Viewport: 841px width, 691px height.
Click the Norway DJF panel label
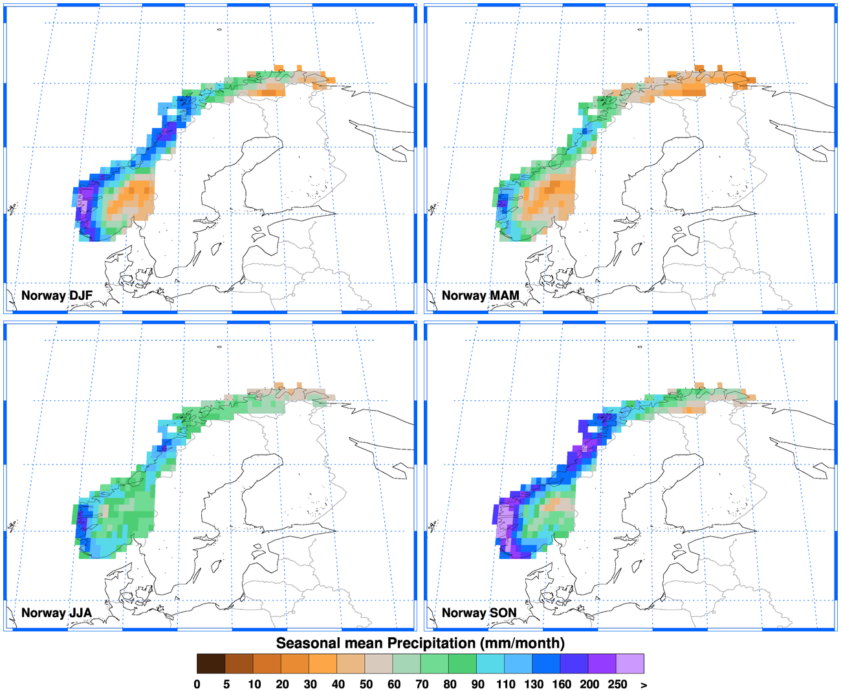(57, 296)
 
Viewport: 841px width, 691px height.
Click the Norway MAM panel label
(480, 296)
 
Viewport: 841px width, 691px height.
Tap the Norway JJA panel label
(56, 613)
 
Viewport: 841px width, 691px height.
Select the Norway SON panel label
(479, 613)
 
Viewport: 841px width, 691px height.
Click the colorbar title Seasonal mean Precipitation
(420, 643)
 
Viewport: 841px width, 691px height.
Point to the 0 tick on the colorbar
(197, 685)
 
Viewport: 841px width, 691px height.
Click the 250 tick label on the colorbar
(617, 685)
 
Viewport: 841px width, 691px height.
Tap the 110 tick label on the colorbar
(505, 685)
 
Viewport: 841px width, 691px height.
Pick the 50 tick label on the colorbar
(366, 685)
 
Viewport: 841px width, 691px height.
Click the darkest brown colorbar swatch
(211, 664)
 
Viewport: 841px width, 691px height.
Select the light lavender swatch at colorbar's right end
(630, 664)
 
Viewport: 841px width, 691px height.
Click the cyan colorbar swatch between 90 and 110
(490, 664)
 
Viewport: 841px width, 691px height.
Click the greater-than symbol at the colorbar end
(644, 685)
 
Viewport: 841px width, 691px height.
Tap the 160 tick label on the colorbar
(562, 685)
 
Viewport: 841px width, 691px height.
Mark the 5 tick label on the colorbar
(226, 685)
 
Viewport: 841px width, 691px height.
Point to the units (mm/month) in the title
(523, 643)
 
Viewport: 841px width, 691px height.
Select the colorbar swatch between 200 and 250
(602, 664)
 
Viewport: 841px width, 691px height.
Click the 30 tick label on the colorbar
(311, 685)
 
